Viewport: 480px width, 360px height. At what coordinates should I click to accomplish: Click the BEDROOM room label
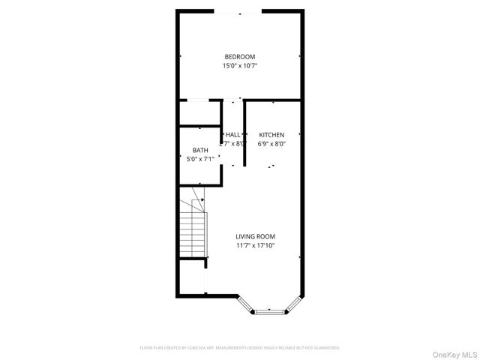(x=240, y=57)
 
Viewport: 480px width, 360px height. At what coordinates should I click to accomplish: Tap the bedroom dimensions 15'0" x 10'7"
(x=240, y=66)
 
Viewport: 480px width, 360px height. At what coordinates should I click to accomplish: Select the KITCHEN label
(x=271, y=135)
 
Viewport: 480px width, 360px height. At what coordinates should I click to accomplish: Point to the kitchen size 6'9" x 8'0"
(x=271, y=144)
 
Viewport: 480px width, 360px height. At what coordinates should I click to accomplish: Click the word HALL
(x=233, y=135)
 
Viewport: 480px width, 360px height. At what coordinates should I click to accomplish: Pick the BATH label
(x=200, y=150)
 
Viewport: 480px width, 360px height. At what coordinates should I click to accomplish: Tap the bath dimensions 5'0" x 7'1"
(x=200, y=159)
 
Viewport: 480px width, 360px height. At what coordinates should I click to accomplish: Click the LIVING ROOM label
(x=255, y=236)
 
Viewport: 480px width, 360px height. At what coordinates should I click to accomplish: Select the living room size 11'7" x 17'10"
(x=255, y=245)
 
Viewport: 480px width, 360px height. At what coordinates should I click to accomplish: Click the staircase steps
(x=191, y=232)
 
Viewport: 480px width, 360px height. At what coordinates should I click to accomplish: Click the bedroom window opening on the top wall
(x=238, y=11)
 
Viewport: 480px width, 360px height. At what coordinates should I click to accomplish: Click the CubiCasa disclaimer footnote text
(x=240, y=348)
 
